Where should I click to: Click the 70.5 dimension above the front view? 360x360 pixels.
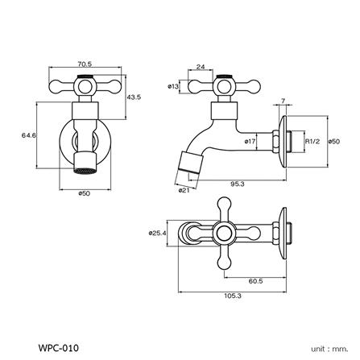(x=83, y=62)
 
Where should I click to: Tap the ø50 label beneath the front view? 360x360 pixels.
(x=83, y=194)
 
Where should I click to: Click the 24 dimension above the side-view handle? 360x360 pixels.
(x=200, y=68)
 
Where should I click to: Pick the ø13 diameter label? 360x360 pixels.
(x=173, y=85)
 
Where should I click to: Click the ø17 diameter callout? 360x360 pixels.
(x=250, y=142)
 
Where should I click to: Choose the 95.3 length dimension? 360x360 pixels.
(x=237, y=184)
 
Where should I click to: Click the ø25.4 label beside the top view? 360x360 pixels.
(x=156, y=234)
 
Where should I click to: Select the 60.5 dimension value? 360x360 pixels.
(x=254, y=281)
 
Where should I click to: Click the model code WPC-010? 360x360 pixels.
(x=58, y=348)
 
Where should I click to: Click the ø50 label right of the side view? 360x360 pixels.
(x=333, y=142)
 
